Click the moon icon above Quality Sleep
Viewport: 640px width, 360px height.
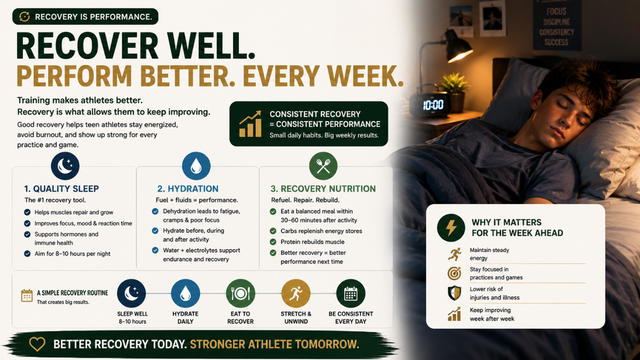[x=65, y=166]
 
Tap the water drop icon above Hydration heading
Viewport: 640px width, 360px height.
[x=196, y=166]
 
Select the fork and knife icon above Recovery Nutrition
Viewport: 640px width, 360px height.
[x=324, y=166]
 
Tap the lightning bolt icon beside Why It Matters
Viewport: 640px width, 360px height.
[x=451, y=227]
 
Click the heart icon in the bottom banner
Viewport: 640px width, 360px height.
[x=37, y=344]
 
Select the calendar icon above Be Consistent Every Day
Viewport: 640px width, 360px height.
[x=351, y=294]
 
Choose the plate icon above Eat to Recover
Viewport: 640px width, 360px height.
[x=241, y=294]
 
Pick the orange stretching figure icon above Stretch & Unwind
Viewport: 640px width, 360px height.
[x=295, y=294]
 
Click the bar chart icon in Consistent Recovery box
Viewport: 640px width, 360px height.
[x=250, y=124]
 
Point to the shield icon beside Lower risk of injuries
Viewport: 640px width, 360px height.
[x=454, y=292]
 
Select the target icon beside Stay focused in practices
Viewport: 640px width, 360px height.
[x=454, y=273]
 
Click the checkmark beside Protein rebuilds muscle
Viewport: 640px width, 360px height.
[x=273, y=241]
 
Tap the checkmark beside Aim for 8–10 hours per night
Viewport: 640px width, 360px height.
[x=27, y=254]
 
